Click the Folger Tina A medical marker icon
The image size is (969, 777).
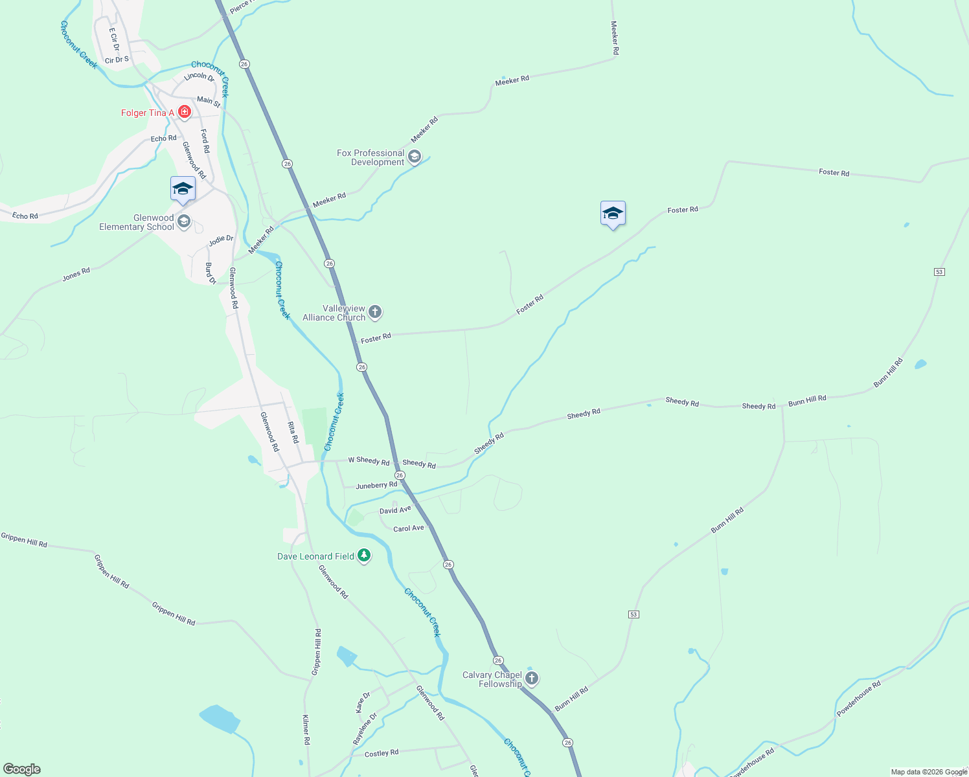185,112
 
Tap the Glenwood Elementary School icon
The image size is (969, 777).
184,222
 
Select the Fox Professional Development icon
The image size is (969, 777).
415,157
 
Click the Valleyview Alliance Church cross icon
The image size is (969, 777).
375,313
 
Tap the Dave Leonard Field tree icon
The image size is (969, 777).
364,556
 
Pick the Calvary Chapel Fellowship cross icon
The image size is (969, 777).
532,679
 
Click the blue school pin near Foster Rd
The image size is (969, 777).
613,214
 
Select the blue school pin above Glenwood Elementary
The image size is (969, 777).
183,189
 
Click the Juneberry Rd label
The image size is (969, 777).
376,485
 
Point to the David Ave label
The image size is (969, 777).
395,510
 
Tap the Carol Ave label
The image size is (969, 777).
409,528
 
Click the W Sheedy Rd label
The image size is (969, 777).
369,461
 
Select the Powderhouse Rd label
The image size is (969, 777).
858,699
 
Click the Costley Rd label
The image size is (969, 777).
382,753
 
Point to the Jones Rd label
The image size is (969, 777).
76,275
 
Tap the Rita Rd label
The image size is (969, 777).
293,433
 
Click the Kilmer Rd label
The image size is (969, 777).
306,730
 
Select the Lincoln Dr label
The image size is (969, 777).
199,77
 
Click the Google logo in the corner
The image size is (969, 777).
21,769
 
